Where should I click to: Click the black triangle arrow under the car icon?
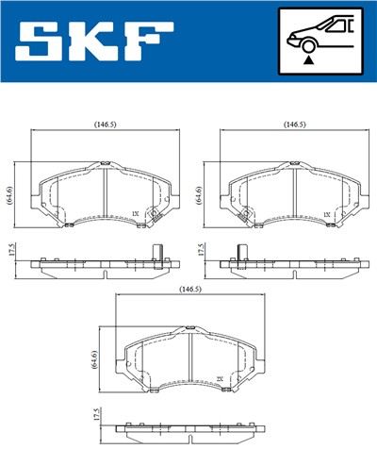click(x=308, y=60)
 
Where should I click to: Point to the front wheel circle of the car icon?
click(x=308, y=44)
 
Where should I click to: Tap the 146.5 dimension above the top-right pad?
click(x=295, y=125)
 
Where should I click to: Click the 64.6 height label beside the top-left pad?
click(x=8, y=195)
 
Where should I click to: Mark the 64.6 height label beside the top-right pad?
click(x=198, y=195)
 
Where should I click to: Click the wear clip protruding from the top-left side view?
click(x=157, y=251)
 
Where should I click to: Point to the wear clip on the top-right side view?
click(x=242, y=251)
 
